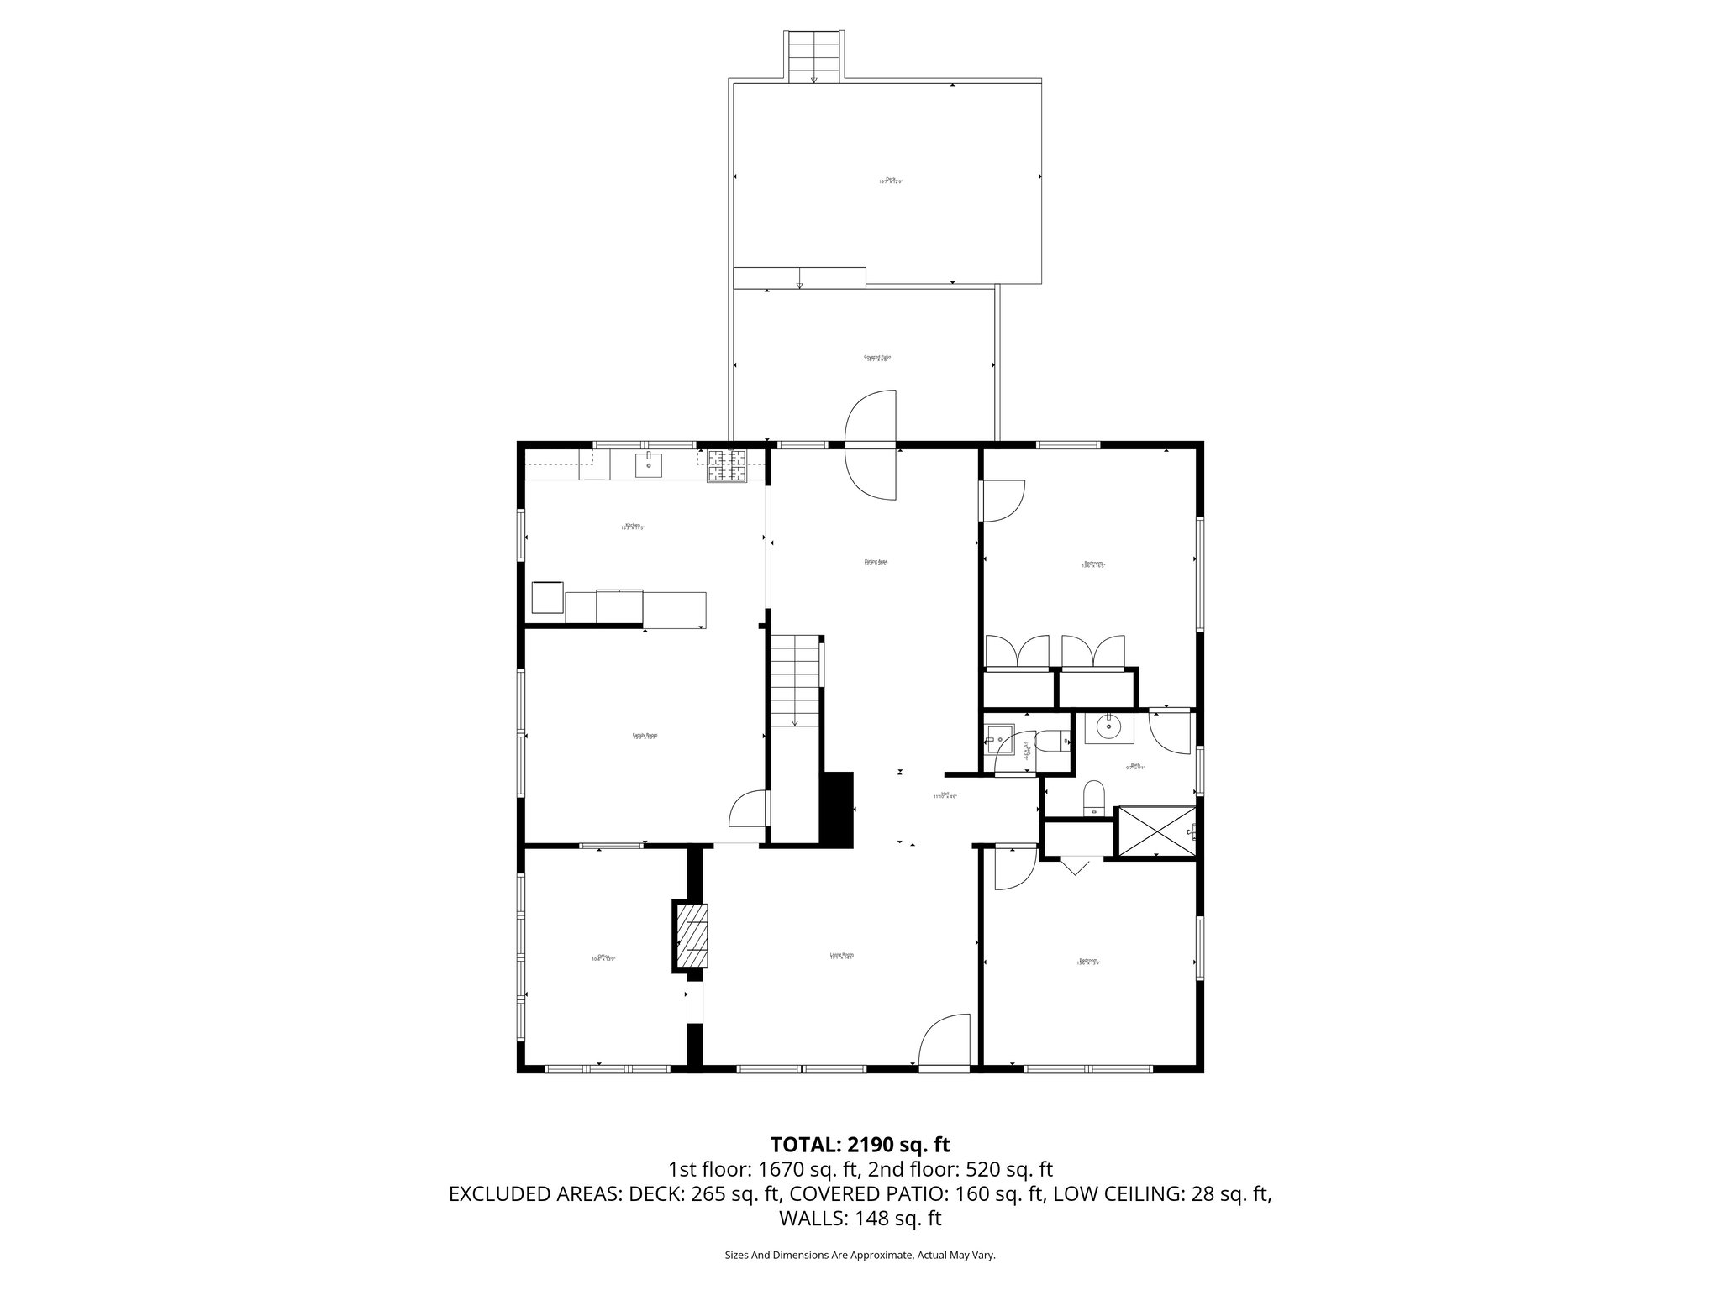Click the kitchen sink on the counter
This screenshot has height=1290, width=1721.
pyautogui.click(x=648, y=464)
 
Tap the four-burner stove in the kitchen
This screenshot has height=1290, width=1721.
pyautogui.click(x=726, y=467)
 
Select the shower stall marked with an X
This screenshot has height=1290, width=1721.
pyautogui.click(x=1155, y=831)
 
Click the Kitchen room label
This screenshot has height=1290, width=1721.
pyautogui.click(x=632, y=526)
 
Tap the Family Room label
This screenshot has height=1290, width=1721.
pyautogui.click(x=645, y=735)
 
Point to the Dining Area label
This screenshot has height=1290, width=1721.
pyautogui.click(x=876, y=562)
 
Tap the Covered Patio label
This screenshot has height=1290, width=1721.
pyautogui.click(x=877, y=358)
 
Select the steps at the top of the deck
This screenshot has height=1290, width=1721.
pyautogui.click(x=814, y=56)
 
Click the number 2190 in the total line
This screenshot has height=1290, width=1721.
pyautogui.click(x=876, y=1144)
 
